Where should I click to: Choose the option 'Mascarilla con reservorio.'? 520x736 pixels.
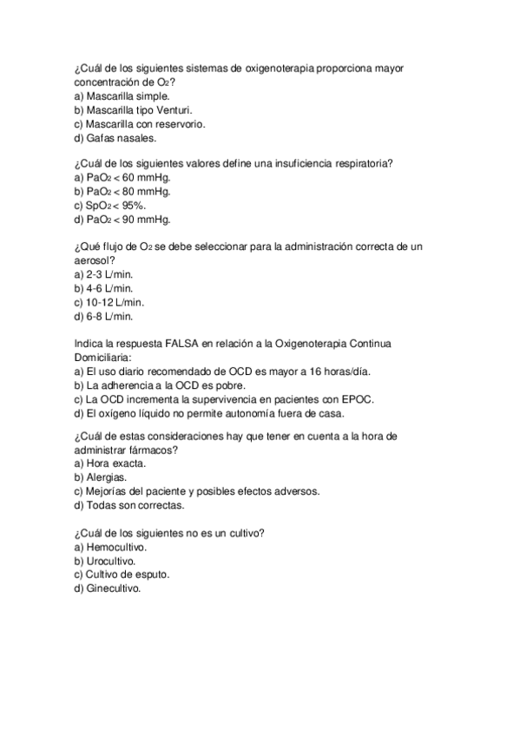pos(140,123)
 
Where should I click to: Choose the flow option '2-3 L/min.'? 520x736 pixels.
pos(103,274)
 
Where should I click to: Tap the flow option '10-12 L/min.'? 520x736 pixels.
pos(109,302)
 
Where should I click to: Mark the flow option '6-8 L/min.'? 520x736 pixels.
pos(103,316)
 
